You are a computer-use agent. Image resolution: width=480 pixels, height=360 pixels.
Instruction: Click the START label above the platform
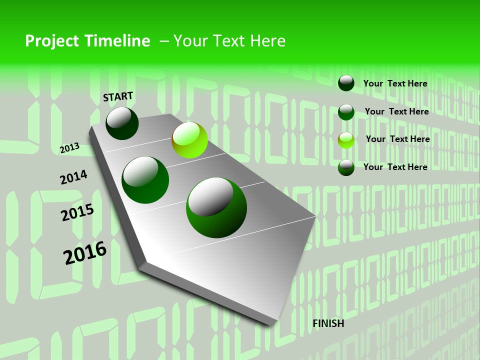118,96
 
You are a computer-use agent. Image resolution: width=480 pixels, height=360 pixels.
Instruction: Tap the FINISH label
328,323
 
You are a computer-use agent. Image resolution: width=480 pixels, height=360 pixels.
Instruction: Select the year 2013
69,148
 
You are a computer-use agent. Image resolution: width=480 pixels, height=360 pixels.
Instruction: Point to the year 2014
73,177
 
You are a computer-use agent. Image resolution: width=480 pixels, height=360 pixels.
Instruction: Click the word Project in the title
52,41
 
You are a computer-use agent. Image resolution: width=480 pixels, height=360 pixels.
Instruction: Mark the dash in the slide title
163,41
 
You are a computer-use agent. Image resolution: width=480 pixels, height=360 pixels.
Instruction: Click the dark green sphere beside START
122,123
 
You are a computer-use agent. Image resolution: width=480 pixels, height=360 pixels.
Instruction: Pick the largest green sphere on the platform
216,207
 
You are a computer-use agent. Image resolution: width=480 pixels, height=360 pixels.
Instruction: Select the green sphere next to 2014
145,179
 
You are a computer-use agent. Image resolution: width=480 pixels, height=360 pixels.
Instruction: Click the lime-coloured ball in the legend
346,140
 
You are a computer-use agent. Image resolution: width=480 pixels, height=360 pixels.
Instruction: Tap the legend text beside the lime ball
397,139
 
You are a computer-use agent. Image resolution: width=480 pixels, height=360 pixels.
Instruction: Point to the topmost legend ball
346,83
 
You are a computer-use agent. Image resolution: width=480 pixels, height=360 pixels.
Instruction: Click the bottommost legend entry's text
395,167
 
